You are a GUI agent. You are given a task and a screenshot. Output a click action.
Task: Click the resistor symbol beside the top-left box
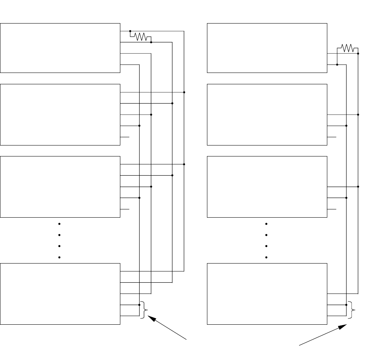(140, 36)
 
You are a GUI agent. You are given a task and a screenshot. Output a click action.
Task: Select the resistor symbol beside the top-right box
(347, 48)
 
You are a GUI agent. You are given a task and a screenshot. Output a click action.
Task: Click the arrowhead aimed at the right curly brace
(343, 326)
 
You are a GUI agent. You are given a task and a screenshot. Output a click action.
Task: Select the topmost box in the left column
(60, 48)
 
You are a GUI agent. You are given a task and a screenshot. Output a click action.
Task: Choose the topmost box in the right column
(267, 48)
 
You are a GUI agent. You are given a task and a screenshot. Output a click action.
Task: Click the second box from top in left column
(60, 115)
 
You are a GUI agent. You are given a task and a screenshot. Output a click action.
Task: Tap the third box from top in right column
(267, 187)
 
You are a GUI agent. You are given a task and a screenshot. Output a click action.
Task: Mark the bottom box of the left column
(60, 294)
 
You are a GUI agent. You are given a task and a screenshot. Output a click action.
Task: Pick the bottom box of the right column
(267, 294)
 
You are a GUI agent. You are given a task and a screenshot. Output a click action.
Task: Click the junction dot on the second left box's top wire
(184, 92)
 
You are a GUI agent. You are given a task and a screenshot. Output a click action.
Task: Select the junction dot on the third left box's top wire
(184, 164)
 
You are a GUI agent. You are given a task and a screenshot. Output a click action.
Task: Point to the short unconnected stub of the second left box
(125, 137)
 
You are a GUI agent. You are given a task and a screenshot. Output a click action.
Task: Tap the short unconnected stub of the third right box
(332, 209)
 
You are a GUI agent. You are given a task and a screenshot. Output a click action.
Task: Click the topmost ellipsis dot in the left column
(59, 224)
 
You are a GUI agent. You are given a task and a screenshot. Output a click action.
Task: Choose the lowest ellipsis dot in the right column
(266, 258)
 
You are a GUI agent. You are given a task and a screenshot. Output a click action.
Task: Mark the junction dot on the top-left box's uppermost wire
(130, 31)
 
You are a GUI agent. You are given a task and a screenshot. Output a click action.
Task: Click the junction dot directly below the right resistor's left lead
(337, 64)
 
